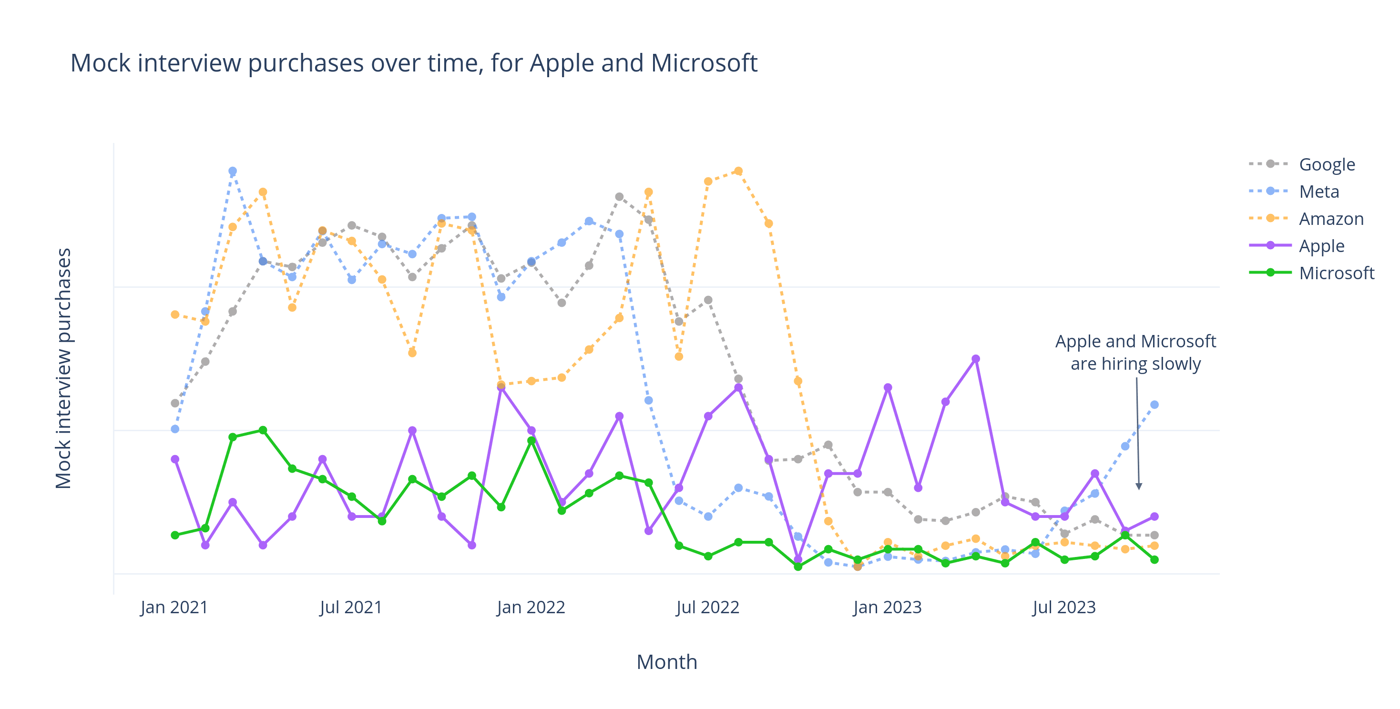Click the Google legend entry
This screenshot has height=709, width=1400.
[1326, 164]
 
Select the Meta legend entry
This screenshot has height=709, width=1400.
[1318, 191]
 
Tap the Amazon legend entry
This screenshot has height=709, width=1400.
[1330, 218]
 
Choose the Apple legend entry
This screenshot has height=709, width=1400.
[1321, 245]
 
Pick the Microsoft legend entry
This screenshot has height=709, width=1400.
[1336, 273]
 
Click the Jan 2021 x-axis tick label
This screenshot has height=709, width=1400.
[174, 607]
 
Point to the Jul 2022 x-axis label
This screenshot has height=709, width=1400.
[707, 607]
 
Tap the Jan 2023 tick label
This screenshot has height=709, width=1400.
[887, 607]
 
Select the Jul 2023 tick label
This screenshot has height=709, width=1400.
[1063, 607]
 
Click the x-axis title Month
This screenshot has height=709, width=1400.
[666, 662]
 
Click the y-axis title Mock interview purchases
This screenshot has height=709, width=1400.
[63, 368]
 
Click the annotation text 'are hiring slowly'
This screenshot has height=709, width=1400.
[1135, 364]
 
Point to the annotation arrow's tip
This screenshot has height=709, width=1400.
[1139, 489]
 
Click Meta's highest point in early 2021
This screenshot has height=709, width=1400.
[233, 171]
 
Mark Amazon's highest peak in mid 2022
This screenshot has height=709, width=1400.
[738, 171]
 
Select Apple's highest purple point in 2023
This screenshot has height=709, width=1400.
[976, 359]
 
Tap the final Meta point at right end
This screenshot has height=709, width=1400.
[1155, 404]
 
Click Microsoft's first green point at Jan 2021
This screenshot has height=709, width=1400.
[175, 535]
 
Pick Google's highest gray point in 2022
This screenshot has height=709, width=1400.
[619, 197]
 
